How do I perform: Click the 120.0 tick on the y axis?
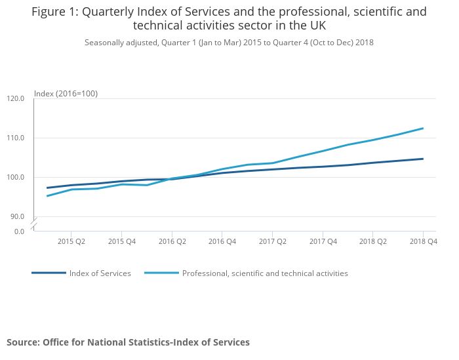16,99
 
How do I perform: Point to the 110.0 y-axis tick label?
16,138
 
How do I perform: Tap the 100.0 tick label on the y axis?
16,178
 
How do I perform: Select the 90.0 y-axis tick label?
18,217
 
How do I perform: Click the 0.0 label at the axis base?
19,231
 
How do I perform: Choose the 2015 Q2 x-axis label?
71,242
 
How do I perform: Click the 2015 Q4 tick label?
121,242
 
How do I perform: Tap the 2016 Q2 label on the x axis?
172,242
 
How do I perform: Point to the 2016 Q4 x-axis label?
222,242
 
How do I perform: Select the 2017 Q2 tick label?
272,242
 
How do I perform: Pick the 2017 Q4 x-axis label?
323,242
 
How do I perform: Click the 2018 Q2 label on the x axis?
373,242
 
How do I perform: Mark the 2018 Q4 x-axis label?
423,242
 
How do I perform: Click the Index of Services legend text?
100,273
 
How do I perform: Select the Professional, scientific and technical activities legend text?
265,273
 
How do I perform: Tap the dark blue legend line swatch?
49,273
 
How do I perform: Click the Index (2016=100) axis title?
66,94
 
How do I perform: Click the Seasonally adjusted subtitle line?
229,43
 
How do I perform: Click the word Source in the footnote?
22,342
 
